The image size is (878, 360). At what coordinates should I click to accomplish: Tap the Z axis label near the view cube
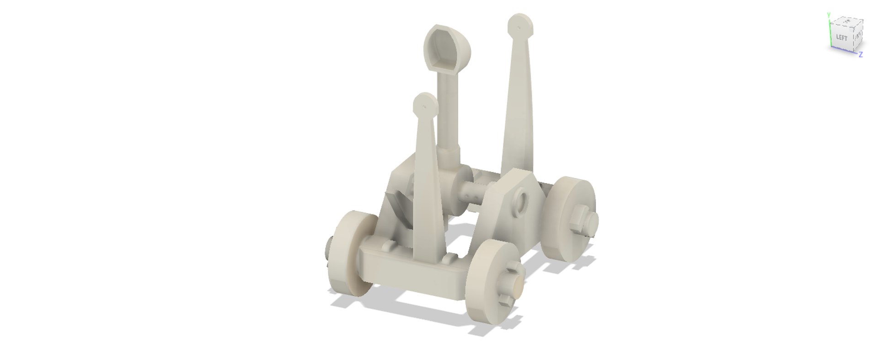click(861, 55)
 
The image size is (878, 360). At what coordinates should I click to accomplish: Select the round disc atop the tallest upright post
click(520, 26)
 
